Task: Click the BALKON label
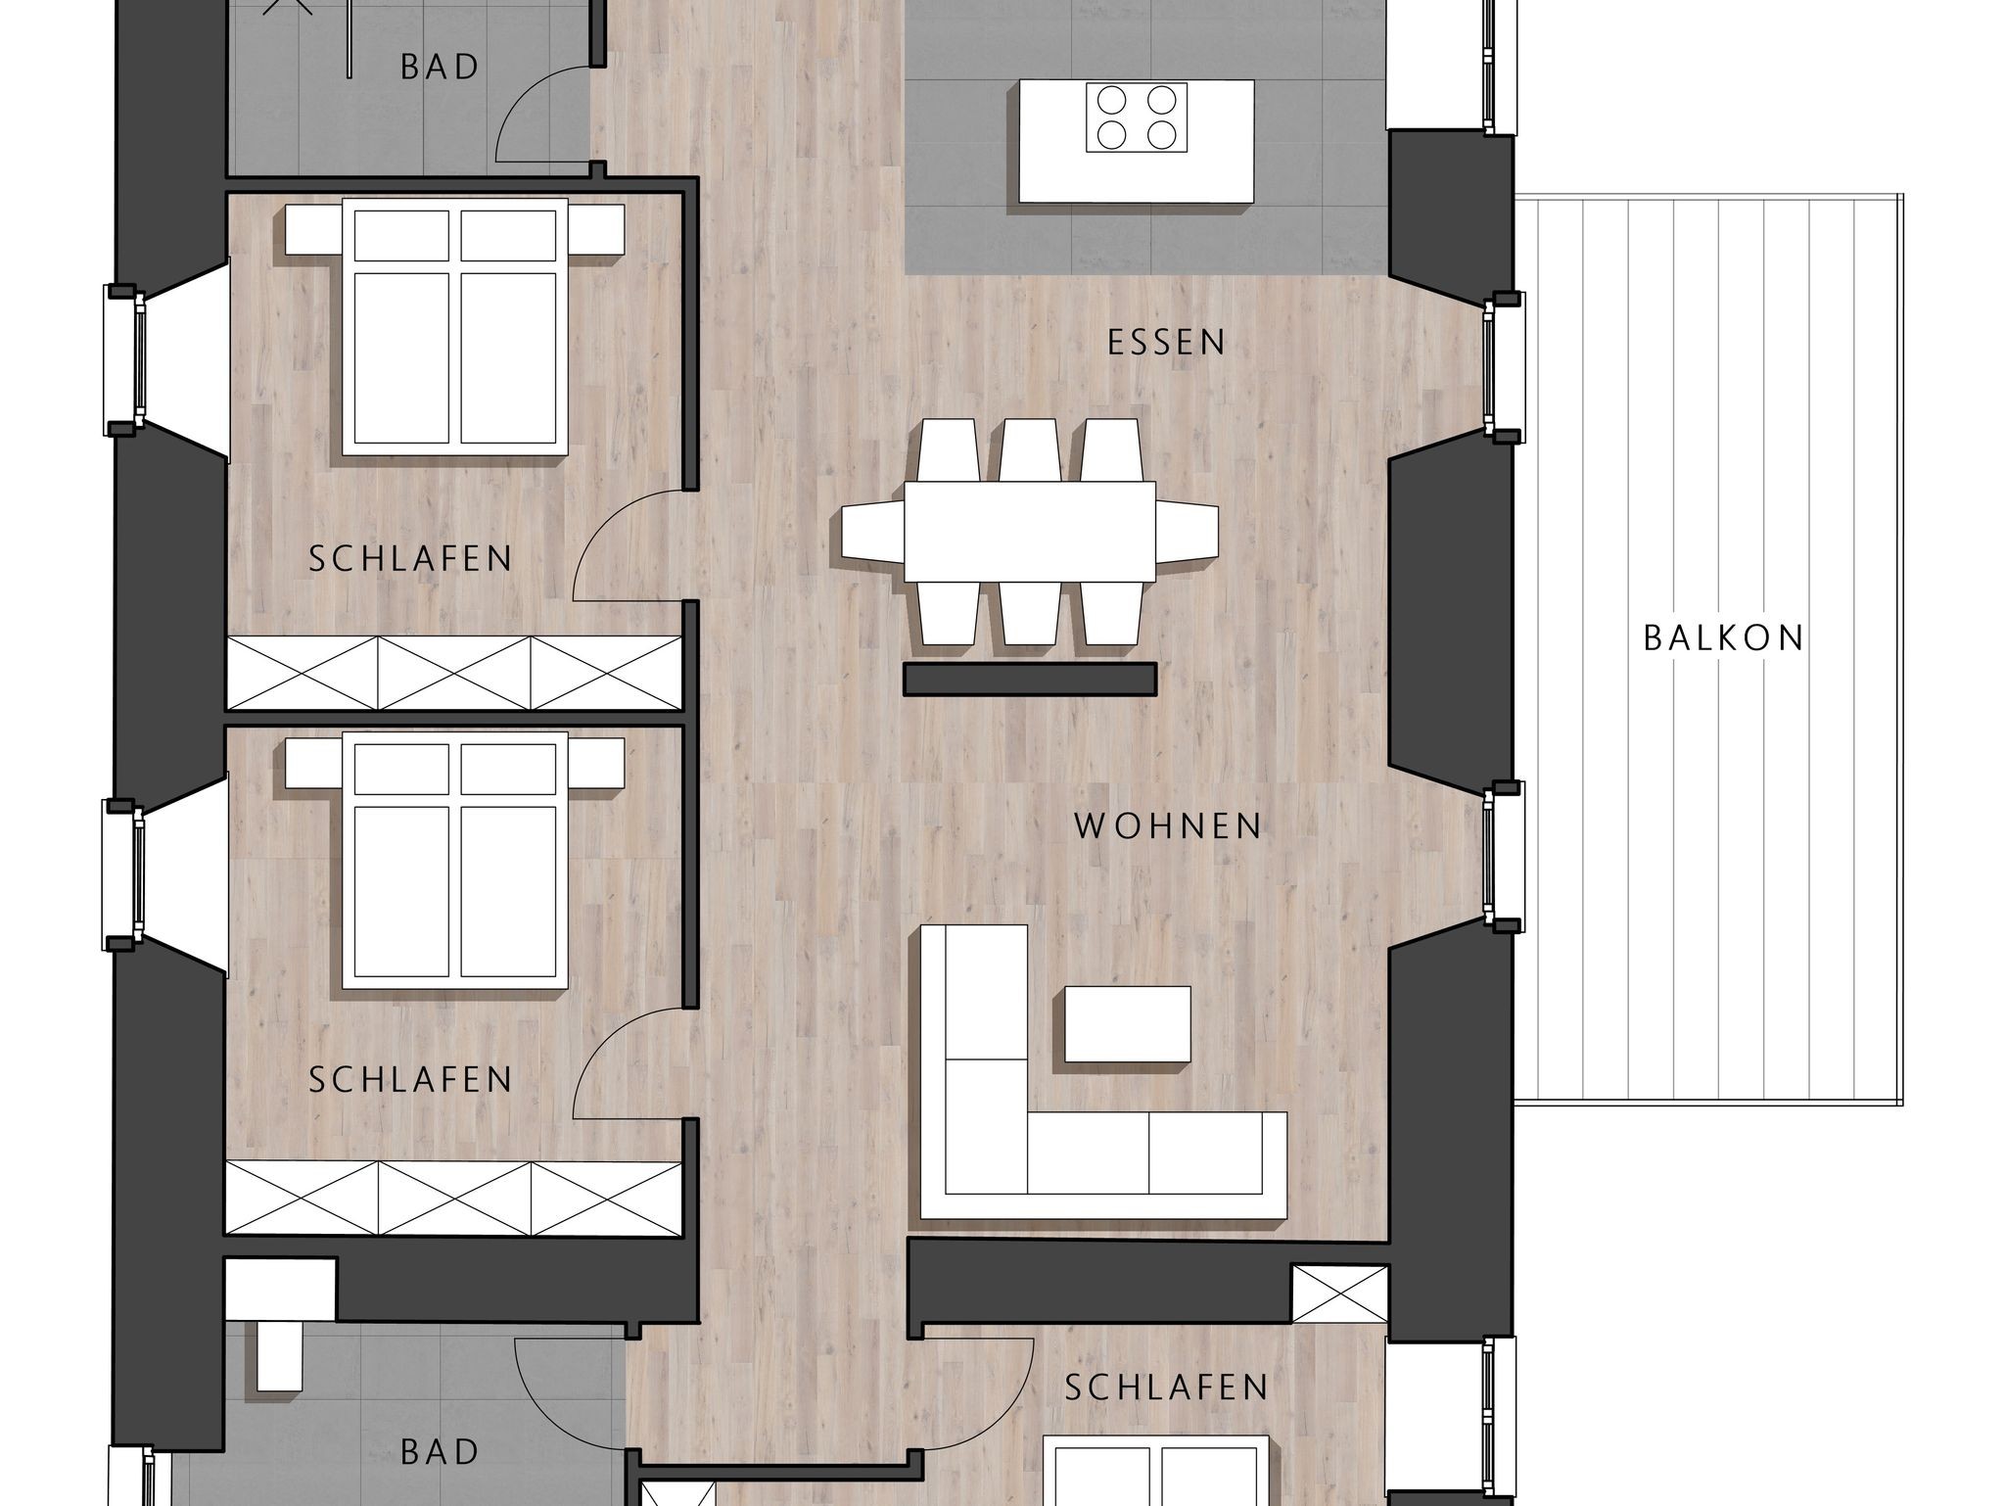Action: pos(1723,638)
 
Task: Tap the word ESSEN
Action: pos(1167,343)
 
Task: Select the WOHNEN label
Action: pos(1168,826)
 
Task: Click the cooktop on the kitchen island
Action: pos(1137,118)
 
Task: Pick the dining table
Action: pos(1030,532)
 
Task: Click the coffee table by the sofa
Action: pos(1128,1024)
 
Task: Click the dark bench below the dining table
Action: pos(1030,680)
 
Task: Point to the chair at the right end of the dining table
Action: pos(1188,532)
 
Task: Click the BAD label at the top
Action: pos(440,68)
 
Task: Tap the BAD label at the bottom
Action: pos(440,1452)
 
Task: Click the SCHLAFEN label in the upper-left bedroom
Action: pos(410,559)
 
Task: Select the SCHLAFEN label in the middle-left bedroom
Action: pos(410,1080)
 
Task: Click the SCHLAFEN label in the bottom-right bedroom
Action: pos(1166,1388)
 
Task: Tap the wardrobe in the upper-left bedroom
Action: pos(454,673)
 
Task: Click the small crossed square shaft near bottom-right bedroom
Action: pos(1339,1294)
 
